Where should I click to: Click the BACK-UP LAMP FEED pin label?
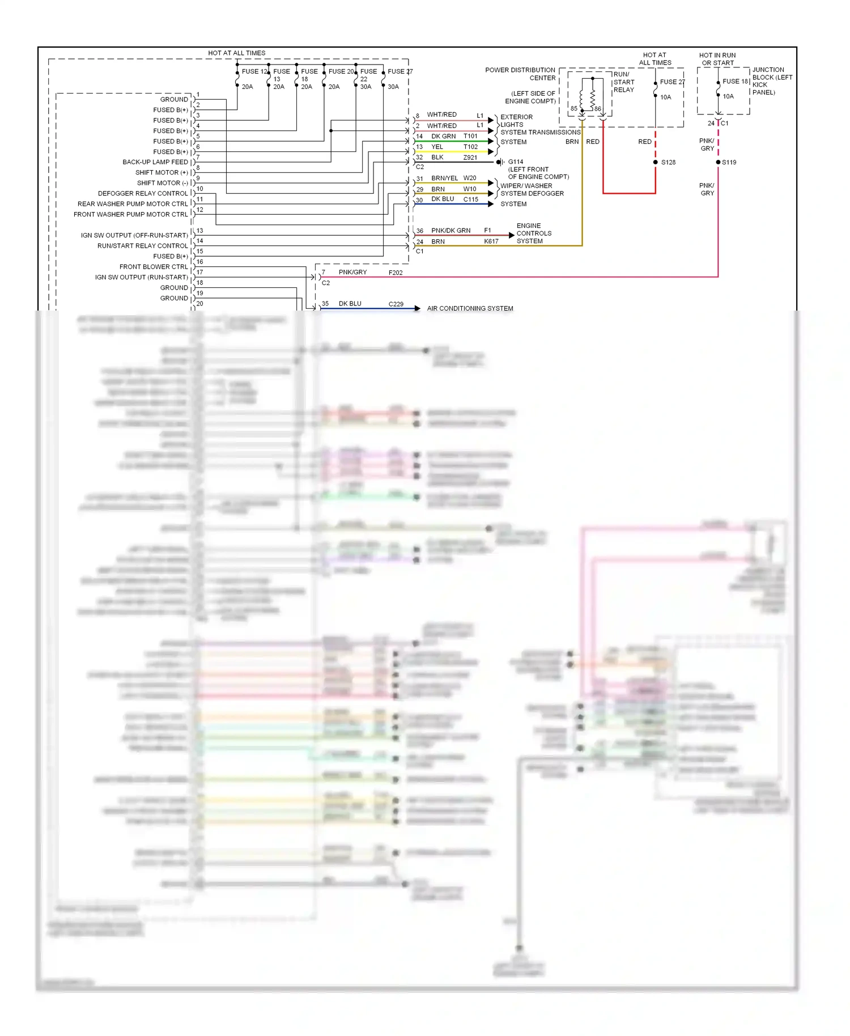click(155, 162)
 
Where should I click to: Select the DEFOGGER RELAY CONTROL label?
click(142, 193)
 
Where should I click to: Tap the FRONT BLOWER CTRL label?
click(153, 266)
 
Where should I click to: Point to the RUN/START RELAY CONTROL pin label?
click(142, 245)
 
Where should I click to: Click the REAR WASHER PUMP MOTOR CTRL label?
click(133, 204)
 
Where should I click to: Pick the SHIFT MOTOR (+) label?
click(161, 172)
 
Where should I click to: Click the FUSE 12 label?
click(254, 71)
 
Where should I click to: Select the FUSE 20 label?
click(341, 71)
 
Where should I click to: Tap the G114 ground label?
click(516, 162)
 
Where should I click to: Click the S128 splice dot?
click(656, 162)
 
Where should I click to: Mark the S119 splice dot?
click(718, 162)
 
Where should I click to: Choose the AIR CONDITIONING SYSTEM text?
click(470, 308)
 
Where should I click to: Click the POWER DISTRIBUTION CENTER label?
click(520, 74)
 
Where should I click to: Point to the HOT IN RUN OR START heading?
click(717, 59)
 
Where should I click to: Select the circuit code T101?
click(470, 136)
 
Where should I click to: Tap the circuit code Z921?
click(470, 158)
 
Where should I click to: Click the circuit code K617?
click(491, 241)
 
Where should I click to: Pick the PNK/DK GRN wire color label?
click(450, 231)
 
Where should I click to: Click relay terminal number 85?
click(574, 108)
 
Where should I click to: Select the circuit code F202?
click(396, 273)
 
